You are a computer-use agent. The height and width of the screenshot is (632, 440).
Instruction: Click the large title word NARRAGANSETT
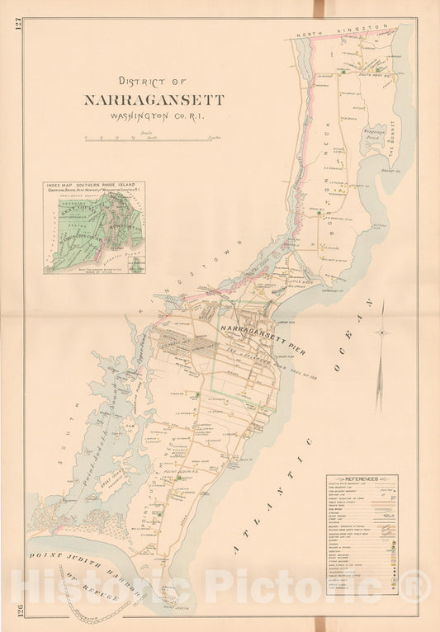[153, 100]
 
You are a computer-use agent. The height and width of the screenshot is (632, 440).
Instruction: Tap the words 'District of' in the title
[153, 82]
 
